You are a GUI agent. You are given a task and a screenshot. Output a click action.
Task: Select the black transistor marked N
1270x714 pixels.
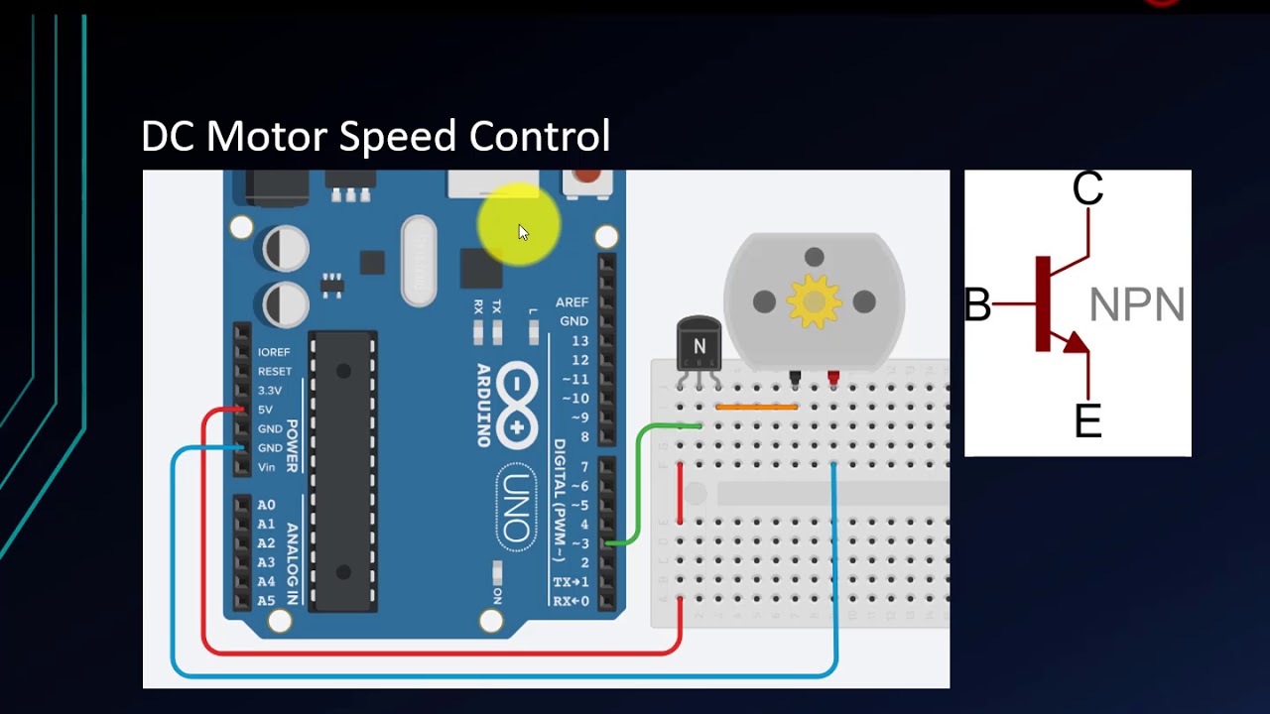pos(698,344)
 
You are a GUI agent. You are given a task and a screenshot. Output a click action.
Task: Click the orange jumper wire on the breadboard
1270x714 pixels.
pos(756,407)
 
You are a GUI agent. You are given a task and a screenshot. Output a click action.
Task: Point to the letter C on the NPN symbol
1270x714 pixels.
pos(1087,188)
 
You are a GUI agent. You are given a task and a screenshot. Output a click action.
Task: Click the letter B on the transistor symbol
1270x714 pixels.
pos(977,305)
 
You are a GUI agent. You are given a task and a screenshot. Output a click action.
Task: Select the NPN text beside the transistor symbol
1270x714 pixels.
pos(1137,305)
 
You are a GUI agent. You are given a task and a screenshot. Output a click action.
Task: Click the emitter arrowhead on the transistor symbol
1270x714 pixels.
pos(1076,343)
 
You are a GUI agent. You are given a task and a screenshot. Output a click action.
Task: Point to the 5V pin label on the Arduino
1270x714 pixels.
pos(265,410)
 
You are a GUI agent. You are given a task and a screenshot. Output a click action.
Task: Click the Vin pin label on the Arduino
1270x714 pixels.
pos(266,467)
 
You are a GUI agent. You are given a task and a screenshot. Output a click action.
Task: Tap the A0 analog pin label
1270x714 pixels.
pos(266,505)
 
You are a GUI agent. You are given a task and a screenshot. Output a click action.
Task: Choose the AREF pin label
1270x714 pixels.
pos(571,302)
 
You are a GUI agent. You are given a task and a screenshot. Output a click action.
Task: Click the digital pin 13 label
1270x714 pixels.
pos(579,341)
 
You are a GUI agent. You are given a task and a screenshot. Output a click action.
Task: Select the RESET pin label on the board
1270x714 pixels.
pos(274,371)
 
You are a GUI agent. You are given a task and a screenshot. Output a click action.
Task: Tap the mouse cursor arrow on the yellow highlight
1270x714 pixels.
pos(523,232)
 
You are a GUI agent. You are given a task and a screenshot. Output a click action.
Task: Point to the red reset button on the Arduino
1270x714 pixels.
pos(587,177)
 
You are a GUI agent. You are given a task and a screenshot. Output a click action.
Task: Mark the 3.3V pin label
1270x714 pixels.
pos(270,391)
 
